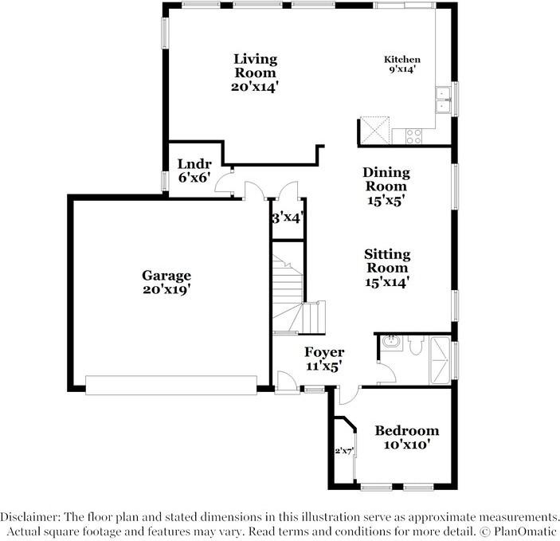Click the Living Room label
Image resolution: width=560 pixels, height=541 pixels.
pyautogui.click(x=255, y=73)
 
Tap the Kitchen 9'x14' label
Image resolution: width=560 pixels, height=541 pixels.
pyautogui.click(x=402, y=65)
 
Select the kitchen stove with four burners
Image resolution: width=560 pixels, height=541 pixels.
pyautogui.click(x=414, y=136)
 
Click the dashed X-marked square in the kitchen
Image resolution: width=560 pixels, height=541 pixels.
pyautogui.click(x=374, y=130)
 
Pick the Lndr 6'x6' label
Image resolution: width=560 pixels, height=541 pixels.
pyautogui.click(x=194, y=171)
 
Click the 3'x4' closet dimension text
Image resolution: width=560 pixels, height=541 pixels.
pyautogui.click(x=287, y=217)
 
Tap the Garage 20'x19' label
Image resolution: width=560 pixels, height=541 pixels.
pyautogui.click(x=167, y=283)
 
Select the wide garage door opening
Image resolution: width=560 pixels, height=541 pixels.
pyautogui.click(x=171, y=385)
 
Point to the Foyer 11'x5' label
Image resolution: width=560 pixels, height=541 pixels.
pyautogui.click(x=324, y=359)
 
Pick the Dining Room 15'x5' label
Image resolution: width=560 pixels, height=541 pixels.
pyautogui.click(x=386, y=186)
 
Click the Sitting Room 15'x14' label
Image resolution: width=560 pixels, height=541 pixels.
pyautogui.click(x=387, y=268)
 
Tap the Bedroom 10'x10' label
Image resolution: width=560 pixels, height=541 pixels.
pyautogui.click(x=407, y=437)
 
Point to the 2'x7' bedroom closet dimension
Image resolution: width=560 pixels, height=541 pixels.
pyautogui.click(x=344, y=452)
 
